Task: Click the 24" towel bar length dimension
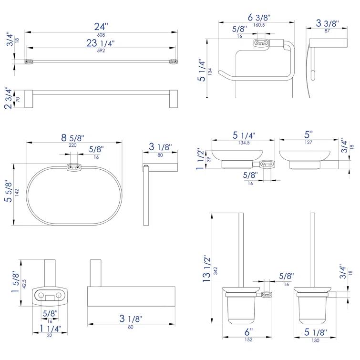point(101,26)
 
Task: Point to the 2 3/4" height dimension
point(8,98)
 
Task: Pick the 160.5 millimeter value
point(259,24)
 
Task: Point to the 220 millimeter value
point(72,145)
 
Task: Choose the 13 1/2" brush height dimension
point(207,270)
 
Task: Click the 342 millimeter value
point(216,270)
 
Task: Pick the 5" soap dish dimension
point(309,134)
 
